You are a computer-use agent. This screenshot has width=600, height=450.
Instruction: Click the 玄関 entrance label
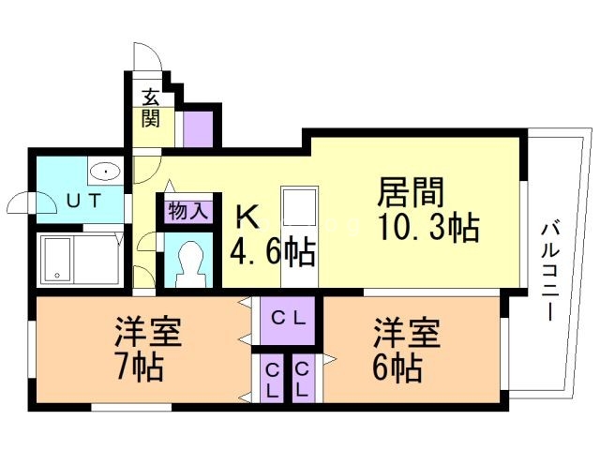150,107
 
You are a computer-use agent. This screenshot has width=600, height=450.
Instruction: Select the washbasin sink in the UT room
105,172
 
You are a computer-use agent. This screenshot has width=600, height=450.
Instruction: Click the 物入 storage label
187,211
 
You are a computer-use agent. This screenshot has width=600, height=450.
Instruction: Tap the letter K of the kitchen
246,217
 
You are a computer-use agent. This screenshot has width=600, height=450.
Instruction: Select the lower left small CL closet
270,379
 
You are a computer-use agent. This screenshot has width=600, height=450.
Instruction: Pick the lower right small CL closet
303,379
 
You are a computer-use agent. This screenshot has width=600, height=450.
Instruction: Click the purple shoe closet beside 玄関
198,127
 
